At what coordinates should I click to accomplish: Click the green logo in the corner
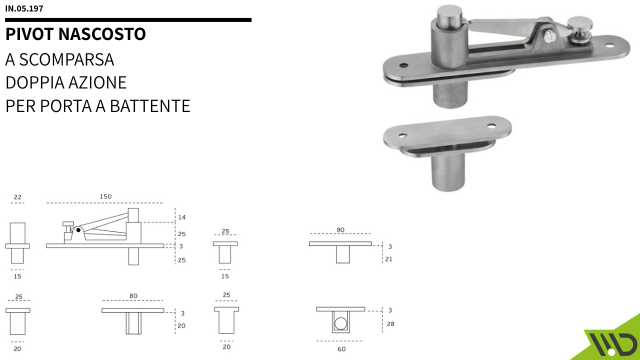(x=609, y=338)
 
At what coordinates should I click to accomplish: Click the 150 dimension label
(x=105, y=196)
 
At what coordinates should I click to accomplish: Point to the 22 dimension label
(x=18, y=197)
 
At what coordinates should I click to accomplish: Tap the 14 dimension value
(x=181, y=217)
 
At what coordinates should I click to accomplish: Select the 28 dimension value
(x=390, y=325)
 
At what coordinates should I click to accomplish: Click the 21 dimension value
(x=390, y=259)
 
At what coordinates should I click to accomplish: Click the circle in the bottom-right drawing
(x=340, y=323)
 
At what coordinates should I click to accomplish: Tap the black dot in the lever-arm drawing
(x=78, y=229)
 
